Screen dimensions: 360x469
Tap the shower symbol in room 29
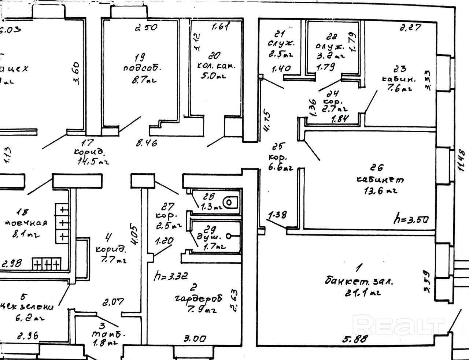tap(230, 236)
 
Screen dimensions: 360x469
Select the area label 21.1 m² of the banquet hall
tap(362, 292)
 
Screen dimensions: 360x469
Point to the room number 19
tap(139, 57)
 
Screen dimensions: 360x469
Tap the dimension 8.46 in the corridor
tap(147, 143)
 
